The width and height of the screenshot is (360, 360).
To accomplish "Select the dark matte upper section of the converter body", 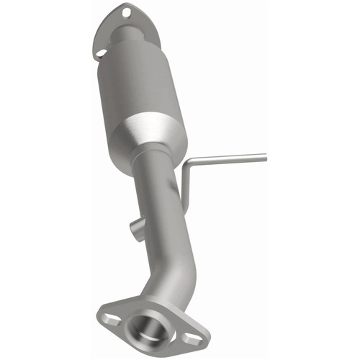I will point(133,79).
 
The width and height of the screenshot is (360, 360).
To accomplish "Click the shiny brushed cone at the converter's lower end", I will point(155,133).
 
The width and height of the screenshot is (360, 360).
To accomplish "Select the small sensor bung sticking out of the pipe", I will point(135,230).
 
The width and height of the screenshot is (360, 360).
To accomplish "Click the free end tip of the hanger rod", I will point(265,154).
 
